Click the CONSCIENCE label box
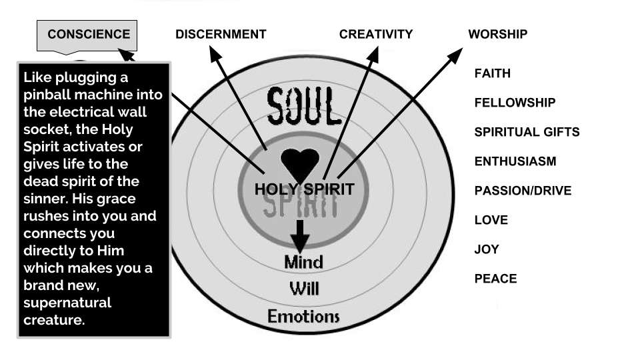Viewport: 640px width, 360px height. [x=87, y=36]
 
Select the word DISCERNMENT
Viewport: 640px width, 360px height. [x=221, y=34]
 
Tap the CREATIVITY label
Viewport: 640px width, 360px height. [x=376, y=34]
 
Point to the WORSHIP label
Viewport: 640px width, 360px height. [x=498, y=34]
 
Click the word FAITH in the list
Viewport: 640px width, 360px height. [x=492, y=73]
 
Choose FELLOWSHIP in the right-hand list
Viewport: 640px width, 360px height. [x=515, y=103]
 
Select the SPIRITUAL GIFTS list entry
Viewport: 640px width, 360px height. [x=527, y=132]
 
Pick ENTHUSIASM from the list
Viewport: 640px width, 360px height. [x=515, y=161]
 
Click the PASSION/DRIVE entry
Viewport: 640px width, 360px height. [x=523, y=191]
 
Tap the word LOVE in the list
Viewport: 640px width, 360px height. [x=491, y=221]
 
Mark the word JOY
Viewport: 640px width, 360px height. [x=487, y=250]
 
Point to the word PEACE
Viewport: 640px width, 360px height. [x=495, y=279]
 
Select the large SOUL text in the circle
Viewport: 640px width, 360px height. [x=304, y=106]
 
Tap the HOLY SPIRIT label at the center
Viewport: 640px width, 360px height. [x=305, y=189]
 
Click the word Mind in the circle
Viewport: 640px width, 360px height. [x=304, y=262]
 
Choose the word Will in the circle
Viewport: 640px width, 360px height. [x=304, y=289]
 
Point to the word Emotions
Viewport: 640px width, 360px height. [x=303, y=316]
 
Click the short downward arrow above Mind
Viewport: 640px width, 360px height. [x=300, y=237]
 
